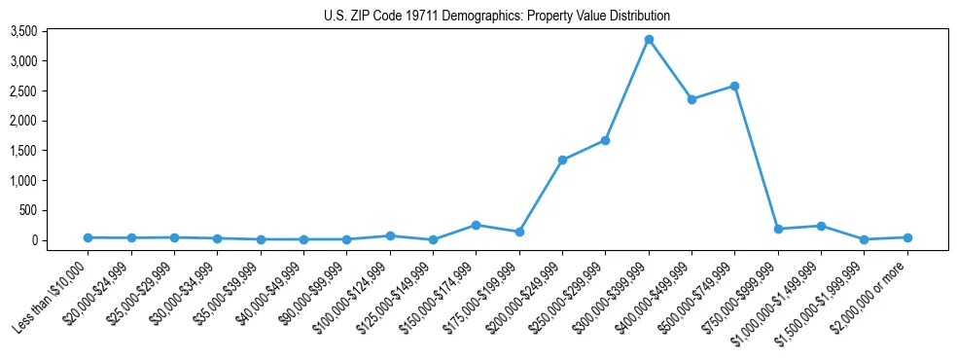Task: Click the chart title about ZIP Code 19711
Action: (496, 16)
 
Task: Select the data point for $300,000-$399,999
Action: (649, 40)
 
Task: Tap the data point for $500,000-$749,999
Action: (734, 86)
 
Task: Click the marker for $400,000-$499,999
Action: (691, 99)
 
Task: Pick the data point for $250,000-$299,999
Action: (605, 140)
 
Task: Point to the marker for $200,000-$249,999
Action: (562, 160)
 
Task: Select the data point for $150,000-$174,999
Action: (476, 225)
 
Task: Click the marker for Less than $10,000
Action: (88, 237)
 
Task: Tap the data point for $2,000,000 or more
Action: (907, 237)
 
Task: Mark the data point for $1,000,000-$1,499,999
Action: (821, 226)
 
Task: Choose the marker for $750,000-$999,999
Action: (778, 229)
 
